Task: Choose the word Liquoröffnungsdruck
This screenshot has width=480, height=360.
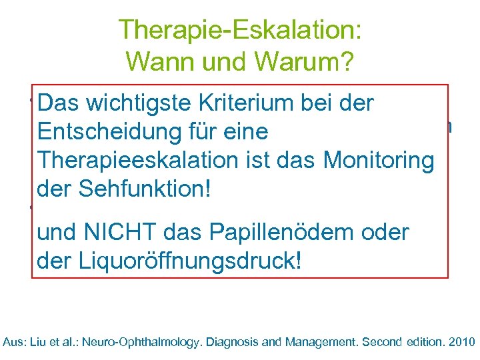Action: (191, 261)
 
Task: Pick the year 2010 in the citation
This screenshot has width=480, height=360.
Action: (460, 342)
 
